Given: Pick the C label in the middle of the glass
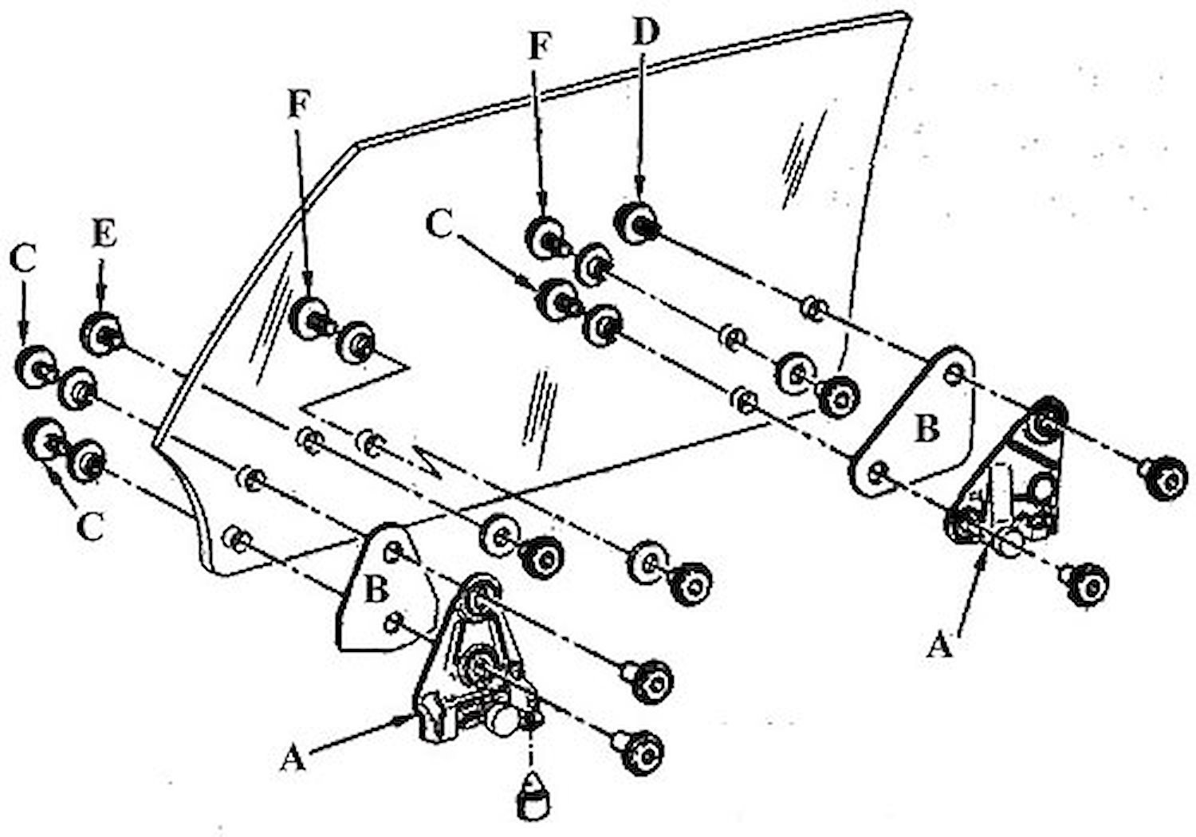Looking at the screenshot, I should coord(439,223).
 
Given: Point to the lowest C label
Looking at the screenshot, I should coord(92,527).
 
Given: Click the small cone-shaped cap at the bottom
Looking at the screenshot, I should coord(532,794).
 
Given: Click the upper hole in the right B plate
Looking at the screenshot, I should coord(955,375).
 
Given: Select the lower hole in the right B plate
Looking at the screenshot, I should coord(879,472).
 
